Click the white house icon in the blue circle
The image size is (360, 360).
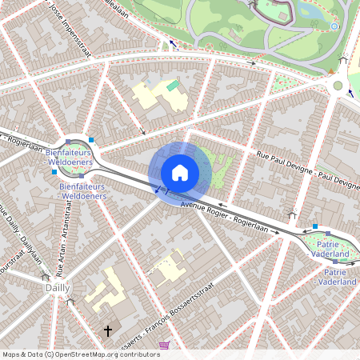point(180,173)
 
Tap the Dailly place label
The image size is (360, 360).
point(57,287)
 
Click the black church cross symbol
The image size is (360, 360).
point(108,330)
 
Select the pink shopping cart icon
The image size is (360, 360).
point(165,346)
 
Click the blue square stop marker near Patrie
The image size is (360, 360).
point(315,226)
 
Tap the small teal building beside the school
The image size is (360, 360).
point(173,86)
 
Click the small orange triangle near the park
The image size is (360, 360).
point(330,72)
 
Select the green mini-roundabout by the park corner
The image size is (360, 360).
point(338,86)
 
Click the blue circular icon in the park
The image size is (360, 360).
point(334,26)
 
